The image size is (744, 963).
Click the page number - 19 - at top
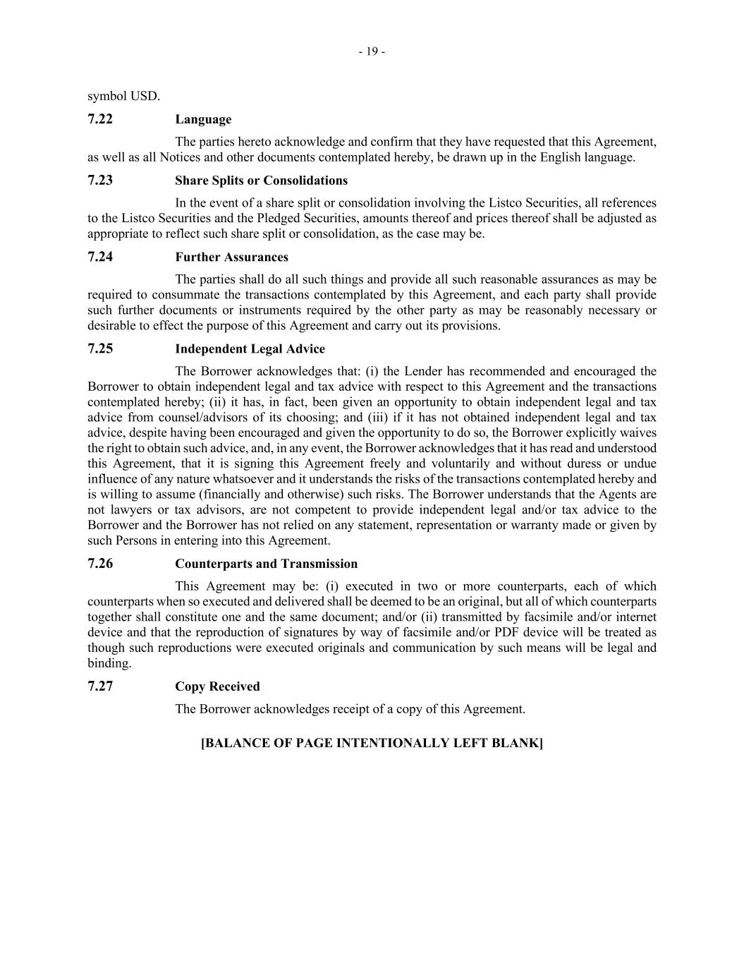(372, 52)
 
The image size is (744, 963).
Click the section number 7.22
(100, 119)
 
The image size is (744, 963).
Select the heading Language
(203, 119)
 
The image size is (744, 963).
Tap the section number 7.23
(100, 180)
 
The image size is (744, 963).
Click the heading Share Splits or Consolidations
(261, 181)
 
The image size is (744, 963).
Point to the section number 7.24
(100, 257)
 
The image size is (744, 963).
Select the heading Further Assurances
(231, 258)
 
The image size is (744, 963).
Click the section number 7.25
(100, 349)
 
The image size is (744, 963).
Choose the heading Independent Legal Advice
(250, 349)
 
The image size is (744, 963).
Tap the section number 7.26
(100, 563)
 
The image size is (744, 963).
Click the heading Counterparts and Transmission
(266, 564)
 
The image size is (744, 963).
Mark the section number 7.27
(100, 686)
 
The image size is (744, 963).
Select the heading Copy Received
(217, 686)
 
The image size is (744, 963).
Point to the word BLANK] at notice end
(517, 743)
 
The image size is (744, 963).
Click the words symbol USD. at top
(123, 96)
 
